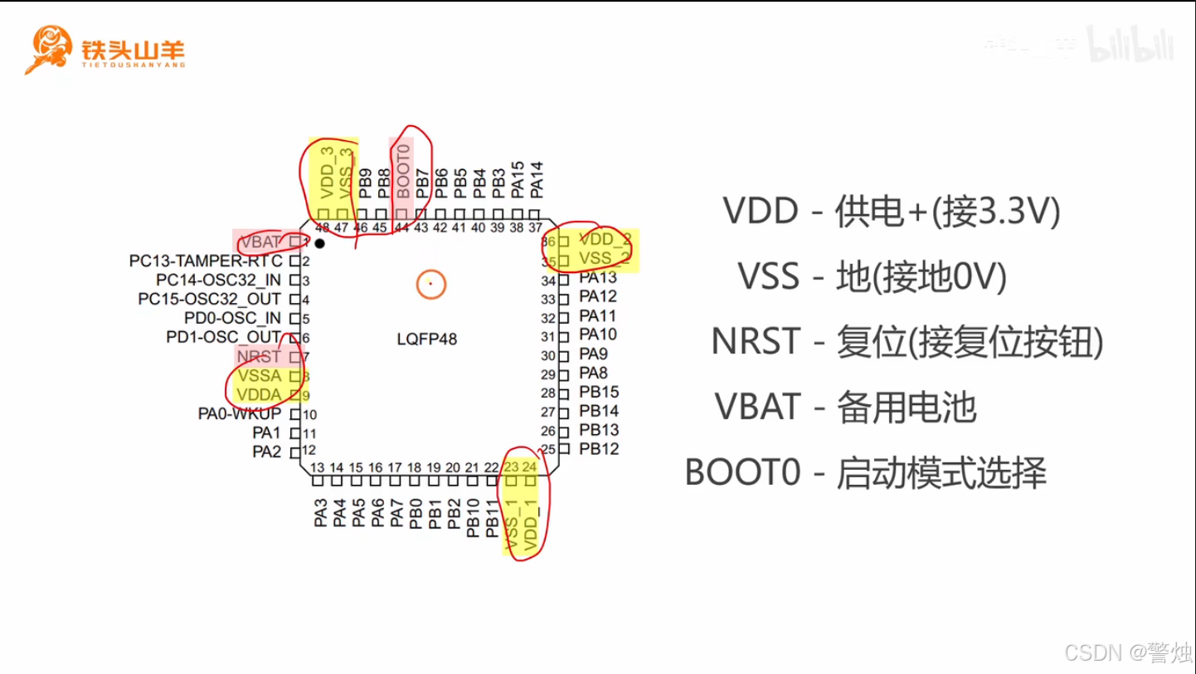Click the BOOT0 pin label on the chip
[x=403, y=170]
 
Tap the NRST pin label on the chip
[x=259, y=357]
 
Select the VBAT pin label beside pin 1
[x=260, y=242]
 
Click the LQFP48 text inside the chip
[x=427, y=339]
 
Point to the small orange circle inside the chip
[x=431, y=285]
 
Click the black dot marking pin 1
[x=319, y=244]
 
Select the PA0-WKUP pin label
[x=240, y=413]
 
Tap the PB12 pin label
[x=599, y=449]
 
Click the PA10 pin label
[x=598, y=335]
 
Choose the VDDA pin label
[x=259, y=394]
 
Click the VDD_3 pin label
[x=327, y=173]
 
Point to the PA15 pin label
[x=518, y=179]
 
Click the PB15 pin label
[x=599, y=392]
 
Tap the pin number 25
[x=547, y=450]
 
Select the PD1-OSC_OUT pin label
[x=223, y=337]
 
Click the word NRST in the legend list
[x=755, y=341]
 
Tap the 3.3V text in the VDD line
[x=994, y=211]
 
